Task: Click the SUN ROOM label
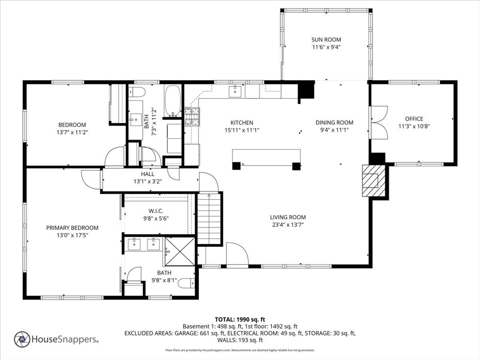[326, 39]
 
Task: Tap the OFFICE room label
[414, 119]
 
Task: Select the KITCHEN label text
[242, 122]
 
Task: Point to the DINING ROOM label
[334, 122]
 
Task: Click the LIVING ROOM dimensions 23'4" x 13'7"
[288, 225]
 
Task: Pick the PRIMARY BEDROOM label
[72, 228]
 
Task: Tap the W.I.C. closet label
[156, 211]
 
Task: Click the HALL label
[148, 174]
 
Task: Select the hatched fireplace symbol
[374, 180]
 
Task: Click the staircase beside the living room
[209, 218]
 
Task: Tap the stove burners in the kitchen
[192, 117]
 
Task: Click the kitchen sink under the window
[235, 91]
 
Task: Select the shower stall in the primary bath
[180, 252]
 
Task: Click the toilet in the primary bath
[186, 283]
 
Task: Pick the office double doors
[379, 122]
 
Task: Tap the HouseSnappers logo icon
[22, 339]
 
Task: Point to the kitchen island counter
[266, 157]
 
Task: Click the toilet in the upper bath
[136, 91]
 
